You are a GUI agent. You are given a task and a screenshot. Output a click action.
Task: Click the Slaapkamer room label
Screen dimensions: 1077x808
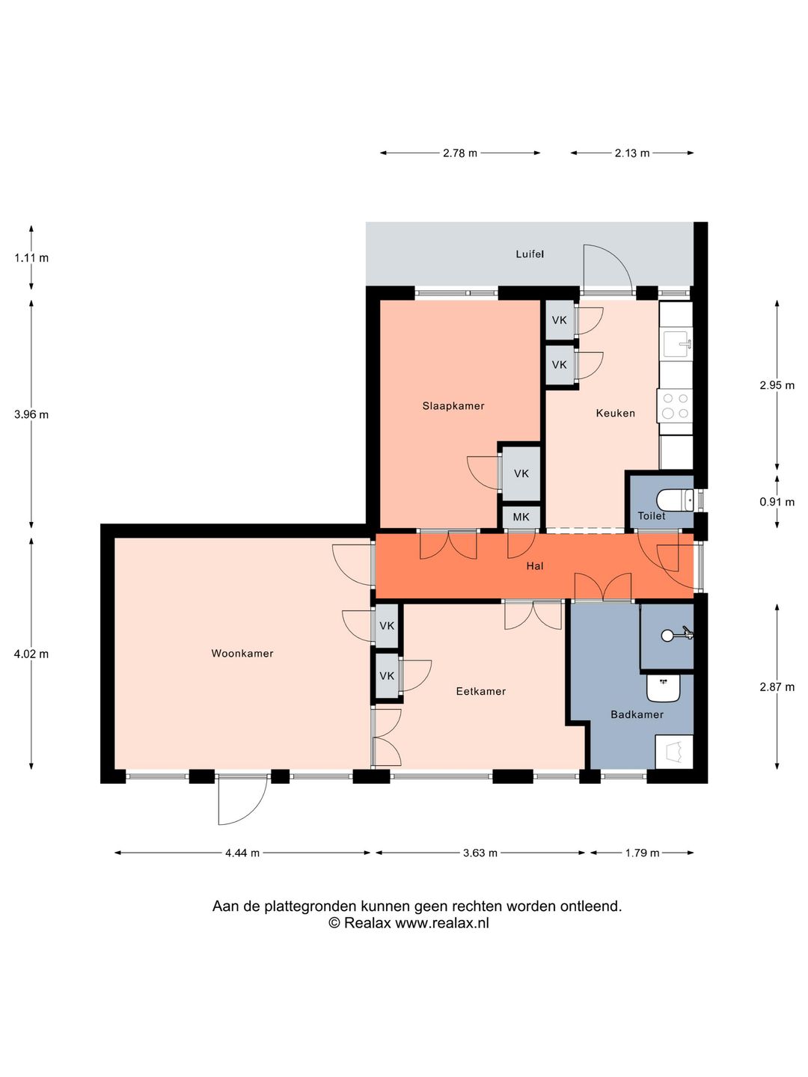tap(453, 406)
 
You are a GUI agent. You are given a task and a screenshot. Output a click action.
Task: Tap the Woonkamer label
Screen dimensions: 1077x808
tap(242, 654)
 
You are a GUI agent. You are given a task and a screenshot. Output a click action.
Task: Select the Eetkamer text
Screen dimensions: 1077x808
tap(481, 692)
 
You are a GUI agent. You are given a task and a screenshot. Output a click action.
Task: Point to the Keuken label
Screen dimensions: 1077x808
tap(615, 413)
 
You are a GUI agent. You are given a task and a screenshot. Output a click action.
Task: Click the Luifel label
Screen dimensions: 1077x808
tap(530, 254)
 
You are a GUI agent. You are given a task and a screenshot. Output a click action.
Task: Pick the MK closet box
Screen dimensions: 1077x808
tap(521, 517)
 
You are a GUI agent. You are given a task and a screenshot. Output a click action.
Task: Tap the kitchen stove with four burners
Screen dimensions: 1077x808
tap(676, 406)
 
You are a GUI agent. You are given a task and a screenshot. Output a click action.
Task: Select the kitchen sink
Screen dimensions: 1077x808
tap(677, 343)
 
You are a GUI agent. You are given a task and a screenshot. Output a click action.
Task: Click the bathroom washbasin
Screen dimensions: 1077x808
tap(664, 688)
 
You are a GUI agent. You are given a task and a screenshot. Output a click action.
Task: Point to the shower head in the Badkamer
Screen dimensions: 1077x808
tap(668, 636)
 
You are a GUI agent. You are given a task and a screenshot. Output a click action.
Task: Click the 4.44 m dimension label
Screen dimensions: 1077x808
tap(242, 853)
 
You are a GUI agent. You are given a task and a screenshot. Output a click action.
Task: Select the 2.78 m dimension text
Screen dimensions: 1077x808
tap(459, 153)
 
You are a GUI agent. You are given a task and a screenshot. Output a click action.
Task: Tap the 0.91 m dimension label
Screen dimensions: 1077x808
tap(777, 502)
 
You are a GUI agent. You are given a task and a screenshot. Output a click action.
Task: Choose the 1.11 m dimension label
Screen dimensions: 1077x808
tap(31, 258)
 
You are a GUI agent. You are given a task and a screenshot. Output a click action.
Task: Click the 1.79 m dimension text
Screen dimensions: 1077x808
tap(642, 853)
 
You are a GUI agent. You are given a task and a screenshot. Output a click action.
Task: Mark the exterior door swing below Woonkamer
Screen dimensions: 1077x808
tap(241, 800)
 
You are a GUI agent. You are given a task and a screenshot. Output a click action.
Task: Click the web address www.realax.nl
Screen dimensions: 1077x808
tap(441, 923)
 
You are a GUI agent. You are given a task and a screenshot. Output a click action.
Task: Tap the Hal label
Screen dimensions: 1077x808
tap(534, 566)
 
